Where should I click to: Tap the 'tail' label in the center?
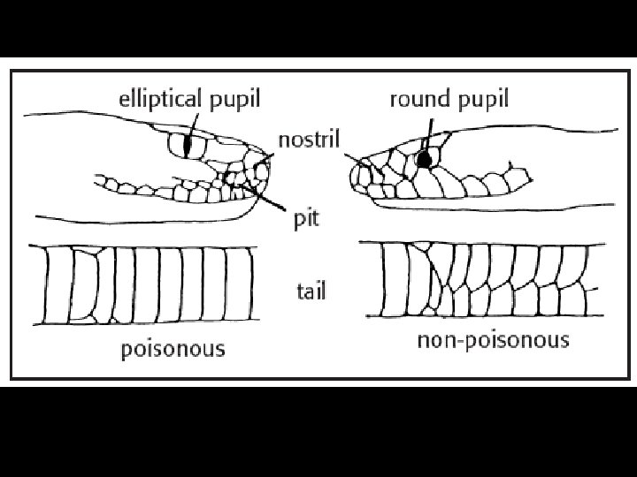[x=311, y=291]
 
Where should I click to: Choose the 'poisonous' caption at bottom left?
[x=173, y=349]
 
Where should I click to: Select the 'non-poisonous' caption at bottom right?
[x=493, y=341]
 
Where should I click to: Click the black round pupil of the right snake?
[x=426, y=160]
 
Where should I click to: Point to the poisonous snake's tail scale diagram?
[x=142, y=284]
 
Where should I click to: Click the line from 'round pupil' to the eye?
[x=428, y=132]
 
